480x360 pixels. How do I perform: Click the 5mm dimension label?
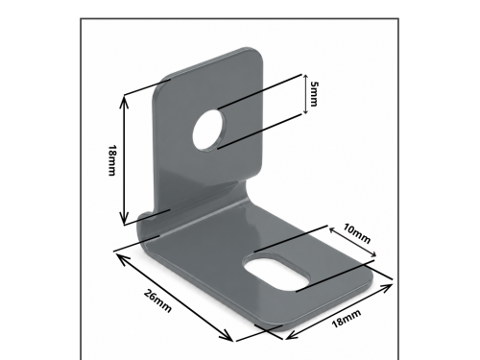(314, 94)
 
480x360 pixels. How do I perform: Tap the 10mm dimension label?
(357, 233)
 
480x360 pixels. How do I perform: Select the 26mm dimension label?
(157, 300)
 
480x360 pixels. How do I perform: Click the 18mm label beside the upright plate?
(111, 160)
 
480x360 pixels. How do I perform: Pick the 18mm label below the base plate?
(347, 319)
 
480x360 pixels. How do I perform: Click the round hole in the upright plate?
(209, 130)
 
